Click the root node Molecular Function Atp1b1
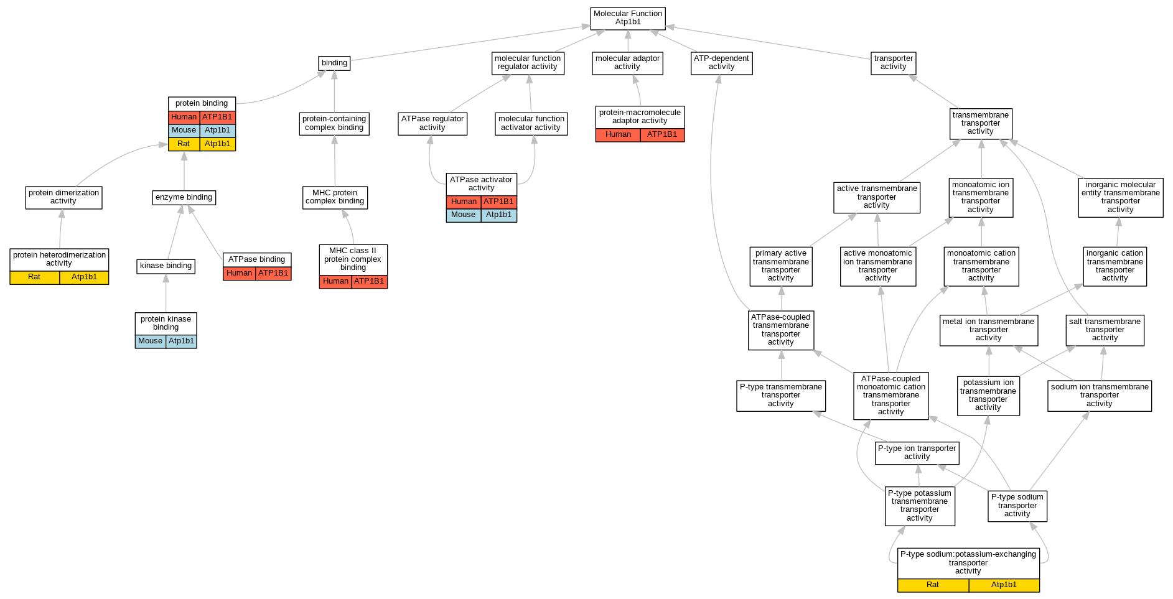pos(628,18)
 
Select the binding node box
pos(334,63)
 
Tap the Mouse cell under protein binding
pos(184,131)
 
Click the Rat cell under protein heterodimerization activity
pos(35,277)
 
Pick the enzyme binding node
pos(184,198)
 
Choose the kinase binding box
pos(166,266)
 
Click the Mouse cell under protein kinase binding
pos(151,341)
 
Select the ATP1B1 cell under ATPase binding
pos(273,274)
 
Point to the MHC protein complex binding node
pos(335,197)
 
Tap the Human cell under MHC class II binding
pos(335,282)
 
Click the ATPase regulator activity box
pos(432,123)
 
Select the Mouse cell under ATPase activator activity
pos(463,215)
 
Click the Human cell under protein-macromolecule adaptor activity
pos(618,135)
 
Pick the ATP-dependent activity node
pos(721,63)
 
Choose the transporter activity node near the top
pos(893,63)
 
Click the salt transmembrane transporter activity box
pos(1105,330)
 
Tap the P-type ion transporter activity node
pos(917,453)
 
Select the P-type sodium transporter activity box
pos(1017,506)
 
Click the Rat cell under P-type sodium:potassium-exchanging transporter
pos(932,585)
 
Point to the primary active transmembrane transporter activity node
pos(780,266)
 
